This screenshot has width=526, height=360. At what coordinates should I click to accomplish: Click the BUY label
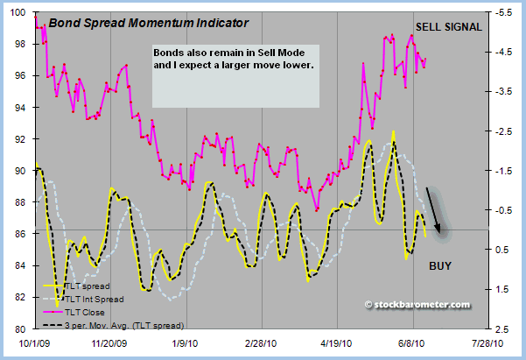[440, 265]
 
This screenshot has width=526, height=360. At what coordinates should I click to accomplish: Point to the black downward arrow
[435, 210]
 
